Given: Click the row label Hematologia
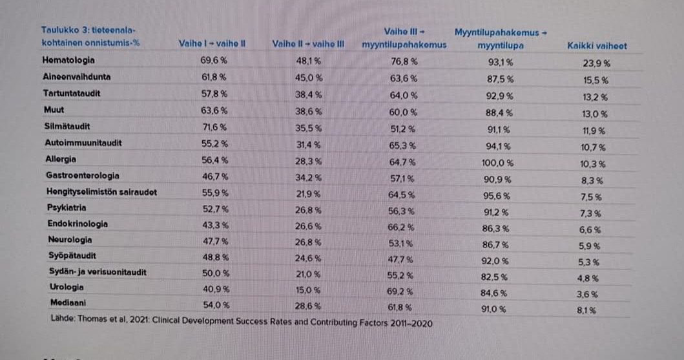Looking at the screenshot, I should [x=68, y=60].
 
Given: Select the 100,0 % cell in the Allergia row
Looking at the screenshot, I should [x=499, y=163].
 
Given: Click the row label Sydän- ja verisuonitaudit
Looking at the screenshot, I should [x=96, y=272].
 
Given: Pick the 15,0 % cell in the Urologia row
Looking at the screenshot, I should [x=308, y=290].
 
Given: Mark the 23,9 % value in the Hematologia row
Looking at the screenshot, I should [x=596, y=63].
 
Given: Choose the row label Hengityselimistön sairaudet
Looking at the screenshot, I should [x=101, y=192].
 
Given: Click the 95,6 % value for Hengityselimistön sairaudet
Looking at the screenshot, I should [x=498, y=196].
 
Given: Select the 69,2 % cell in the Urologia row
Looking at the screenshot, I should [x=400, y=291].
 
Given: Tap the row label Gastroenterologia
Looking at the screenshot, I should [x=83, y=175].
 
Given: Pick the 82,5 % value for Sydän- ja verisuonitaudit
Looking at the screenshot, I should [x=495, y=277].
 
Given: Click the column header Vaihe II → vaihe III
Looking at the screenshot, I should [x=308, y=44].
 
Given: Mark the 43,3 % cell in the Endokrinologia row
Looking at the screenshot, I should [x=214, y=224].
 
